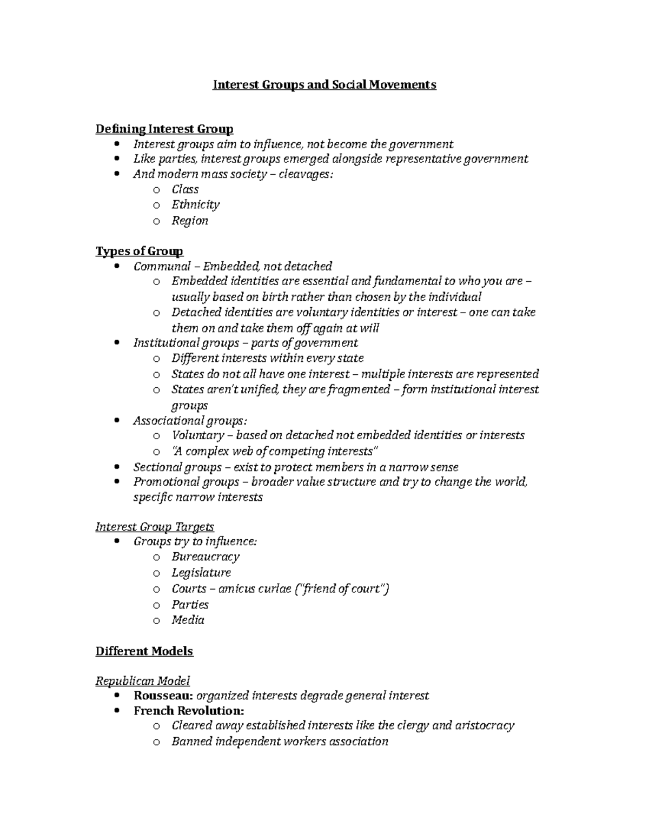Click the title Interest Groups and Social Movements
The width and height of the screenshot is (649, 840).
324,85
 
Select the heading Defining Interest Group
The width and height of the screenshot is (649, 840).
164,129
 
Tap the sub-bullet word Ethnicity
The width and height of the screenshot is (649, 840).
195,205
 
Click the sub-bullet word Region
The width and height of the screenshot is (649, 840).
190,221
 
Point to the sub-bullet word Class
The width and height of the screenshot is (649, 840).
185,189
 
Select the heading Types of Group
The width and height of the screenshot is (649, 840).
140,252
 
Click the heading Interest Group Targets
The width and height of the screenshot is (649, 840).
155,527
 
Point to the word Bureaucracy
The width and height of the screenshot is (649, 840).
206,557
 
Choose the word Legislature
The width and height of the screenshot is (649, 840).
201,573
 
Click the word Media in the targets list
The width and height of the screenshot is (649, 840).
188,620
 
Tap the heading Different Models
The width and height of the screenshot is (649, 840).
144,651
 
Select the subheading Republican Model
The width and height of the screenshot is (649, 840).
143,681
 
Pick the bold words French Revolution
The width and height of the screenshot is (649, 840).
189,711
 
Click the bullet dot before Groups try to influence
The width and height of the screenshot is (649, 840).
118,542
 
